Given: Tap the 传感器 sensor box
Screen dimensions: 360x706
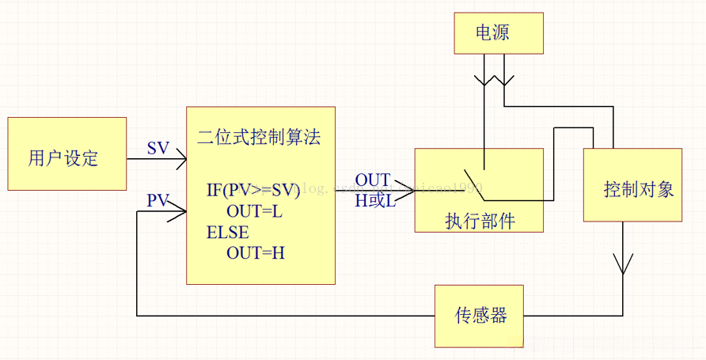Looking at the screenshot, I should click(x=480, y=316).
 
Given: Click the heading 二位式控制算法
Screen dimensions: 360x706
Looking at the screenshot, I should click(x=259, y=136).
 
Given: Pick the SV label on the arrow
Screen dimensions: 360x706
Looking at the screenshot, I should click(x=158, y=148).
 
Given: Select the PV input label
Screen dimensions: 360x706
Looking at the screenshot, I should click(x=158, y=200).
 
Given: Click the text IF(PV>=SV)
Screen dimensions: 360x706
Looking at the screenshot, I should click(x=253, y=190).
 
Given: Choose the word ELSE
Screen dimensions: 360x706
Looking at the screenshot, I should click(x=228, y=233).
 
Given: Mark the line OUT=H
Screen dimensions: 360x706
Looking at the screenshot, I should click(x=256, y=254).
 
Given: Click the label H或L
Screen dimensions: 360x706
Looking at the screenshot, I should click(x=374, y=202).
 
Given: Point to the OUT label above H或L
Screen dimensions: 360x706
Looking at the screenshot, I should click(x=372, y=181).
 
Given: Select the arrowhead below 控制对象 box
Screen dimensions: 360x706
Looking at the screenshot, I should click(x=623, y=264).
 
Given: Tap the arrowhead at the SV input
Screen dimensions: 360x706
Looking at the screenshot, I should click(x=180, y=159).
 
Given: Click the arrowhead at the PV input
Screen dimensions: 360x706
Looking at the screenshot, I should click(x=180, y=210).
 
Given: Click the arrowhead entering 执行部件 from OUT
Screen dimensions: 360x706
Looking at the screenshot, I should click(x=408, y=191).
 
